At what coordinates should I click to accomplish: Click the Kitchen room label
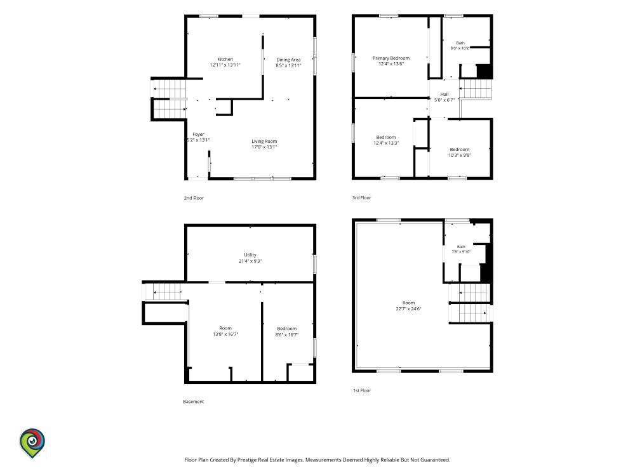click(x=225, y=59)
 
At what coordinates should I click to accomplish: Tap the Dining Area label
click(x=288, y=60)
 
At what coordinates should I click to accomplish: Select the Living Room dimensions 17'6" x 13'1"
click(x=264, y=147)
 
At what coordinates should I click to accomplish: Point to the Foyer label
click(x=198, y=134)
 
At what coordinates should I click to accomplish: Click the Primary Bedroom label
click(x=391, y=58)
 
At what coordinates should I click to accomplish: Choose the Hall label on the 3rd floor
click(x=444, y=94)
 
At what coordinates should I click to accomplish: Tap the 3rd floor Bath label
click(x=460, y=43)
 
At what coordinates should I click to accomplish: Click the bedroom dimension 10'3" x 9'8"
click(x=460, y=155)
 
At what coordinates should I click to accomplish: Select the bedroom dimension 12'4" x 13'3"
click(x=386, y=143)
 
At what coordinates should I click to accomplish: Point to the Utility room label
click(x=250, y=255)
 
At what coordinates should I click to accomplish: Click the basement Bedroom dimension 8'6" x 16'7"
click(x=287, y=334)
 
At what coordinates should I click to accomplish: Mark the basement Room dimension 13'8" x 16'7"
click(x=225, y=334)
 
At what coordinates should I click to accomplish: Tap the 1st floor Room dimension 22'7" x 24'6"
click(x=408, y=308)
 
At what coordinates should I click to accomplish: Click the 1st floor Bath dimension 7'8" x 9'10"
click(x=461, y=251)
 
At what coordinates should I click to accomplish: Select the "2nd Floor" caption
click(x=194, y=198)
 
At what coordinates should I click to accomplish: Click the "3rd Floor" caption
click(x=362, y=197)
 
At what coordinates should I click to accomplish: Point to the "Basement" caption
click(x=194, y=402)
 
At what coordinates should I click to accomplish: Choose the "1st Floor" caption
click(x=362, y=390)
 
